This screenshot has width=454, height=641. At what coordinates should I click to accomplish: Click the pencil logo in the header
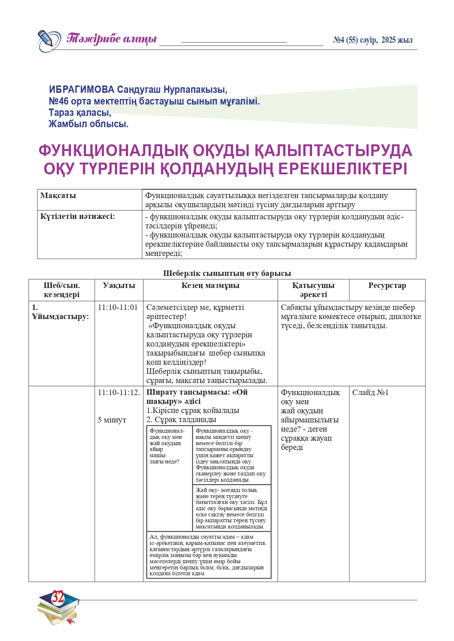(49, 40)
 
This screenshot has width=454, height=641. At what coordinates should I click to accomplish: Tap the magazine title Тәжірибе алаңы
(112, 39)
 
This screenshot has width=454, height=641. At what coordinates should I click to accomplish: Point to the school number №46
(59, 101)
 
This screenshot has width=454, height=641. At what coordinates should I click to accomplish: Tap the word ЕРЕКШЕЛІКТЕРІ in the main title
(343, 169)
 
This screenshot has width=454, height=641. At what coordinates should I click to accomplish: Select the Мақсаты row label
(58, 196)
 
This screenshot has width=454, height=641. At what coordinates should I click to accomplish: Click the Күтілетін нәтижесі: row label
(78, 216)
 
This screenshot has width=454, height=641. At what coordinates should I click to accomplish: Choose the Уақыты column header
(119, 285)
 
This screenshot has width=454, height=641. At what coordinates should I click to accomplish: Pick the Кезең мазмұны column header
(210, 285)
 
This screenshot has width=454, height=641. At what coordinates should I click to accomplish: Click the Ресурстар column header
(387, 285)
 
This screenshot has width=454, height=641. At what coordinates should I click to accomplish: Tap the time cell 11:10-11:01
(118, 307)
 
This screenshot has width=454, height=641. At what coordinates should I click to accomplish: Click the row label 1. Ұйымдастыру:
(60, 312)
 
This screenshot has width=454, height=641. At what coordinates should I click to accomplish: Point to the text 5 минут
(112, 420)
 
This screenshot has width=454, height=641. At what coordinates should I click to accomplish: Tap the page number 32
(58, 597)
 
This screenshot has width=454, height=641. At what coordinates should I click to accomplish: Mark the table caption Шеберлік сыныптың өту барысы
(227, 273)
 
